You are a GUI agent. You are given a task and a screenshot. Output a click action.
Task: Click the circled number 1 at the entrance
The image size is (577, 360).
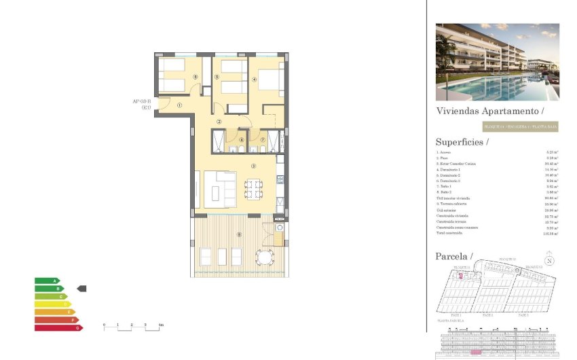[x=179, y=105]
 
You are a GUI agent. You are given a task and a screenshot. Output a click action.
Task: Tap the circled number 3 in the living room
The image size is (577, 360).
[x=253, y=166]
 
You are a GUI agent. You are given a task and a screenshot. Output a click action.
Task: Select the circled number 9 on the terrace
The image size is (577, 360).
[x=238, y=235]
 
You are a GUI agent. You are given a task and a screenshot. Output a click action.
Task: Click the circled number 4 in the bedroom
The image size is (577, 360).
[x=255, y=79]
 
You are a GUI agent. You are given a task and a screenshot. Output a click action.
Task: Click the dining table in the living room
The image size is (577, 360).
[x=253, y=188]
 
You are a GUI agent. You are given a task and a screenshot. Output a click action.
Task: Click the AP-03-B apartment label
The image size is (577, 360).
[x=141, y=105]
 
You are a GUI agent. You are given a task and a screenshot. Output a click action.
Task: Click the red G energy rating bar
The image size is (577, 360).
[x=58, y=327]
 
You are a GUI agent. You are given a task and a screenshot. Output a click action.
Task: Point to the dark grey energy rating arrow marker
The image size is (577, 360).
[x=81, y=289]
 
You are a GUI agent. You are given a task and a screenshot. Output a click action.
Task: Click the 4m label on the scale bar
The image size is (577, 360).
[x=160, y=326]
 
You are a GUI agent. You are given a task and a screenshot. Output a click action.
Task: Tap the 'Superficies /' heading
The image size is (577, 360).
[x=462, y=142]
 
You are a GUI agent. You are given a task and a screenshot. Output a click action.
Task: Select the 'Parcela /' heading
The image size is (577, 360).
[x=453, y=256]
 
